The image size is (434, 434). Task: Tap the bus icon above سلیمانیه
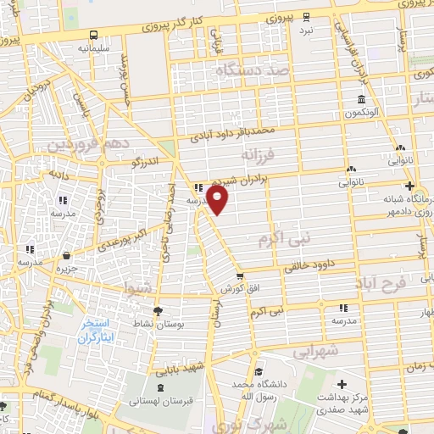pos(93,36)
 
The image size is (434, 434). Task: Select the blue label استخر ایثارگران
pos(96,331)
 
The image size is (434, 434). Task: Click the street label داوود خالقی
pos(304,264)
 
